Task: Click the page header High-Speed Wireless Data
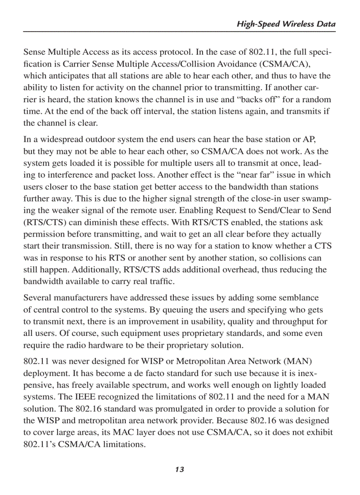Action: [x=286, y=24]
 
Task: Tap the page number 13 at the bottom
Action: [x=179, y=469]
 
